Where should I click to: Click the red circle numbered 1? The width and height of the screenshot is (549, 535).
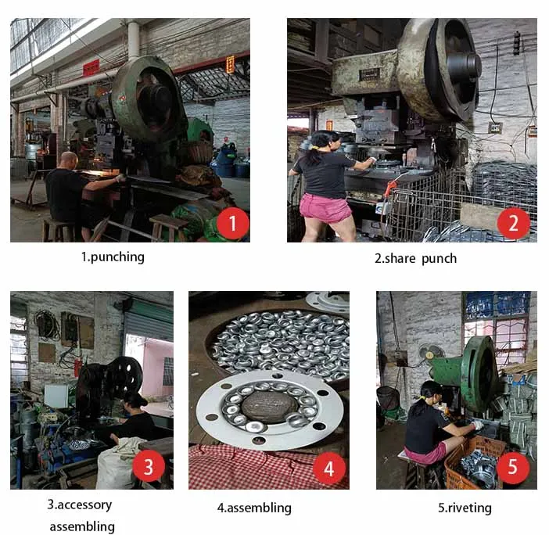233,223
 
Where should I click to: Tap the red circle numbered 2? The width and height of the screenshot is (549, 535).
513,223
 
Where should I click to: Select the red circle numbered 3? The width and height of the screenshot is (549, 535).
149,467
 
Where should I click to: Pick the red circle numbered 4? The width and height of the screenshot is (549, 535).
328,468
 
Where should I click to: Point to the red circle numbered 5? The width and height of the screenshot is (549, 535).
512,467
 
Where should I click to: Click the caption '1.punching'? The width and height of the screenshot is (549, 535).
113,257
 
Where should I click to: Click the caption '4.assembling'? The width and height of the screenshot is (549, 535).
254,508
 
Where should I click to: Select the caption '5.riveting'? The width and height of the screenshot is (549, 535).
465,508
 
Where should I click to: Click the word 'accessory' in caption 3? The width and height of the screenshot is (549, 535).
84,505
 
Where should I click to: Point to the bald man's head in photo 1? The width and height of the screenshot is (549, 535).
69,160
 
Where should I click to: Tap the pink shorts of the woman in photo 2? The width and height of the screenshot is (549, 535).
325,209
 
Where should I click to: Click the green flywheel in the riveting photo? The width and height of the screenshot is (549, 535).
479,374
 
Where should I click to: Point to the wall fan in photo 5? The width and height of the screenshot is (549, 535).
431,352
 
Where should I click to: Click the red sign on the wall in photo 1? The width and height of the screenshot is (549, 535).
91,67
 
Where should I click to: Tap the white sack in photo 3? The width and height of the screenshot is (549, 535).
116,464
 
